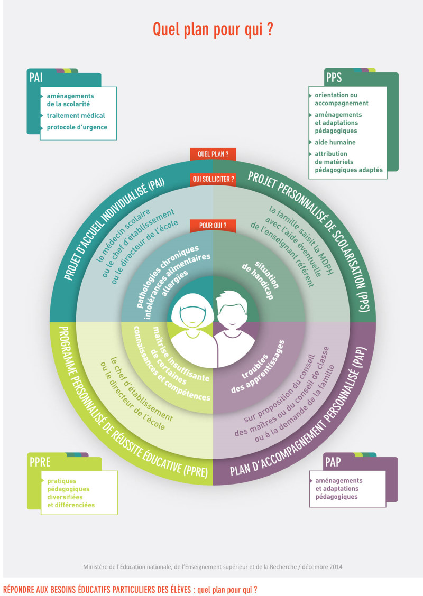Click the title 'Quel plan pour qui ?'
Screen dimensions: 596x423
coord(213,30)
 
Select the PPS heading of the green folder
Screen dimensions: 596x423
coord(334,78)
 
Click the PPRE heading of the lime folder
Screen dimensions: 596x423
coord(40,463)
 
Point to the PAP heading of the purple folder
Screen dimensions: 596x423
coord(333,463)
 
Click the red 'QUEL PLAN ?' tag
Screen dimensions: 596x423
coord(213,154)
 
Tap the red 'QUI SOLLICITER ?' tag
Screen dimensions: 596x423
coord(213,180)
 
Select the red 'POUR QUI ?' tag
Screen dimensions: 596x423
coord(213,226)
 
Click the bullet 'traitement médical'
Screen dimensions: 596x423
coord(76,115)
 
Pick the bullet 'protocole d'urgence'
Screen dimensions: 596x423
coord(77,127)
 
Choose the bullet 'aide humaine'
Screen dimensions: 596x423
coord(335,142)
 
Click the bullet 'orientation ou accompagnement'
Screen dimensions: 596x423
coord(341,99)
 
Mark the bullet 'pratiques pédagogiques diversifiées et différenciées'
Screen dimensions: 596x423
coord(71,493)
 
